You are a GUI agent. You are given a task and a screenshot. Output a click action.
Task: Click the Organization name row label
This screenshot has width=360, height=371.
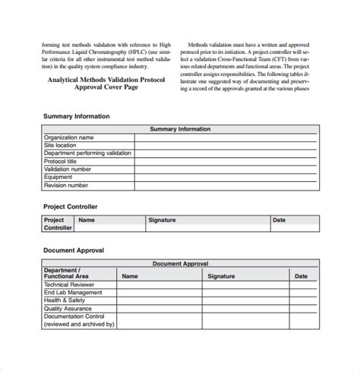point(69,137)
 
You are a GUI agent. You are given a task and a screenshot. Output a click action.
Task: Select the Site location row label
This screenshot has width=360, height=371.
point(60,145)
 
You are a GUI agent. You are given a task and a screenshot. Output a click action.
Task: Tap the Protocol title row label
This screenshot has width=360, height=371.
point(60,161)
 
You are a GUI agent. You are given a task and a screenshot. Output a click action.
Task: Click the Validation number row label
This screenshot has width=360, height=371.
point(68,169)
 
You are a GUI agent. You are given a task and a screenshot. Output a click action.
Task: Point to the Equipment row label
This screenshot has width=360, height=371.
point(58,177)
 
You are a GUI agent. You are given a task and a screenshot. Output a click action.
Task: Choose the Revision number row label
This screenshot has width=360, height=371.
point(66,185)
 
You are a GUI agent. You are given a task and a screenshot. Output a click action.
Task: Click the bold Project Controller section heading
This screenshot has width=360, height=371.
point(71,206)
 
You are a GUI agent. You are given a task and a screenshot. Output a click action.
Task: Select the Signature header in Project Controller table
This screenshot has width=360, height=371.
point(162,220)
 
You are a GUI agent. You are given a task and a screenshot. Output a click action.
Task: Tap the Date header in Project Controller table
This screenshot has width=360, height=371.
point(279,220)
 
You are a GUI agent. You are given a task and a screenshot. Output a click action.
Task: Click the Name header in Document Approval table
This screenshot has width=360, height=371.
point(130,277)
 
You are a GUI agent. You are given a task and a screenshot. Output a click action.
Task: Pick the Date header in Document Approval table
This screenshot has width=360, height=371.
point(301,277)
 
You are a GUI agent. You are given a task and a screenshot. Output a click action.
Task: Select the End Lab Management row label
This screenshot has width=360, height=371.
point(73,292)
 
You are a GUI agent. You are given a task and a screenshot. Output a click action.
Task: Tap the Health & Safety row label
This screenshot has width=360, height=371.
point(65,300)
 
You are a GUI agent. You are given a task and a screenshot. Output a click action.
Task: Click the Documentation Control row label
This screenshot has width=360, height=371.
point(74,316)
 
